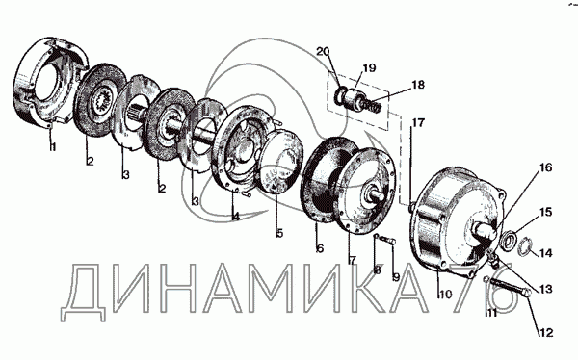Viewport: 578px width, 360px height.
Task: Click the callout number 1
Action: tap(53, 147)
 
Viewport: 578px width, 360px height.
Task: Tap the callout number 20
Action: tap(323, 51)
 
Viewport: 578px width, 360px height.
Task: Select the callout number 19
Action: tap(369, 68)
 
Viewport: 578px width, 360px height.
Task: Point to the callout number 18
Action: tap(418, 85)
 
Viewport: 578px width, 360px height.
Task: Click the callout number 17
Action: tap(418, 122)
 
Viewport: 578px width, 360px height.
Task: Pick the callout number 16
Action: tap(546, 167)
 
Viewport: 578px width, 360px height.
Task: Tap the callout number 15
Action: tap(546, 212)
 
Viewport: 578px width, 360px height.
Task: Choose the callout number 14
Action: tap(546, 253)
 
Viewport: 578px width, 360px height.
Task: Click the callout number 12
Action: tap(546, 333)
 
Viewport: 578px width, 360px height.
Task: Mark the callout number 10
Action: tap(446, 294)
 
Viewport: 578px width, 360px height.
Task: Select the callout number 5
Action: tap(279, 233)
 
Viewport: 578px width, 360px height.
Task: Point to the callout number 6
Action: tap(320, 248)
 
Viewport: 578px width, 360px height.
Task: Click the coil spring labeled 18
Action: tap(371, 104)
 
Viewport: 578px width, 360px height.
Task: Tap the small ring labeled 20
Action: tap(339, 94)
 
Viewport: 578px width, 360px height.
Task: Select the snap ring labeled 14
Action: tap(525, 246)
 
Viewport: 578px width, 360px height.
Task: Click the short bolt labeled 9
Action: tap(388, 241)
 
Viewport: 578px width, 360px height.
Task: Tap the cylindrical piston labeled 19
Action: tap(354, 97)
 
